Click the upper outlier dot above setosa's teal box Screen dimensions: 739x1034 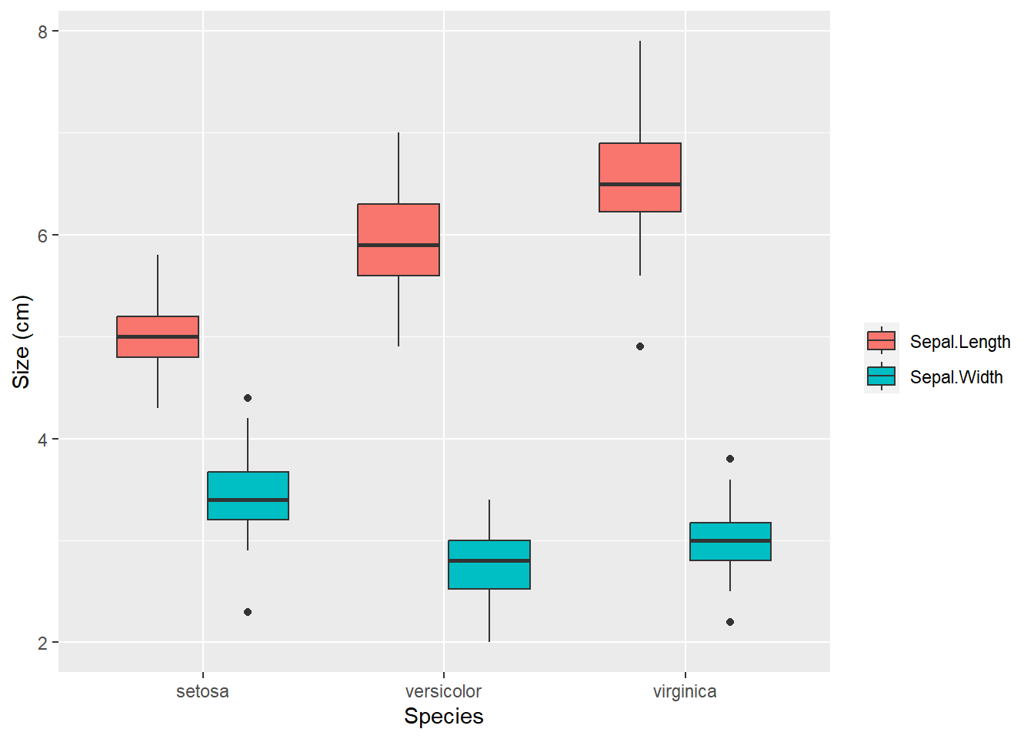tap(248, 398)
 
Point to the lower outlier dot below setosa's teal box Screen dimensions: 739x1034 tap(248, 612)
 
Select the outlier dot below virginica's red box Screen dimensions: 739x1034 tap(640, 346)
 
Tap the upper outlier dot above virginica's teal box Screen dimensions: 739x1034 tap(730, 459)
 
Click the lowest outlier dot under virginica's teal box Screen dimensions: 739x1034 tap(730, 622)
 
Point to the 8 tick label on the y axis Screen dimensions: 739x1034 tap(43, 32)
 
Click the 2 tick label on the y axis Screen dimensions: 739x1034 tap(43, 644)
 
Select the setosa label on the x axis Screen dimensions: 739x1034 tap(202, 691)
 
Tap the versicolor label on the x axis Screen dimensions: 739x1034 tap(443, 691)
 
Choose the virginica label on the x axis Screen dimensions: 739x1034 tap(685, 691)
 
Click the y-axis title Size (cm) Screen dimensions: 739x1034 tap(21, 342)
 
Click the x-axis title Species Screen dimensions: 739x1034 tap(444, 717)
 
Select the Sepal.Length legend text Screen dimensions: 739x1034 tap(960, 342)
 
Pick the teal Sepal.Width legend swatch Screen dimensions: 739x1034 tap(882, 376)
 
